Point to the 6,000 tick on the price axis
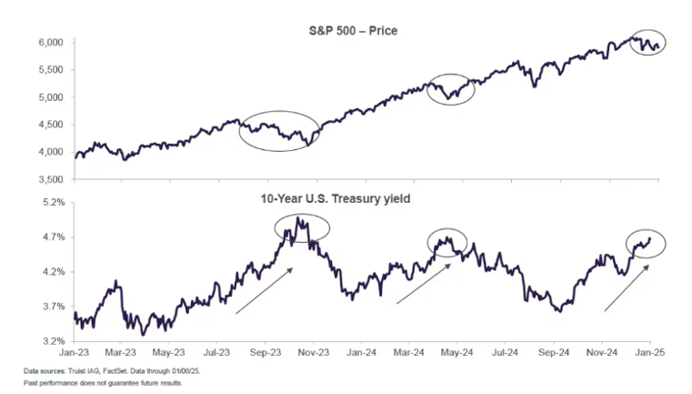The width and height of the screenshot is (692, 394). pyautogui.click(x=48, y=43)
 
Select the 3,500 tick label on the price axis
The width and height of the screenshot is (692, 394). pyautogui.click(x=48, y=179)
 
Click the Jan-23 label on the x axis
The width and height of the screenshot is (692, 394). pyautogui.click(x=75, y=350)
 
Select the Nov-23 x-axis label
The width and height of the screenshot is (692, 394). pyautogui.click(x=312, y=350)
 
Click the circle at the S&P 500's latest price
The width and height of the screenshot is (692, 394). pyautogui.click(x=648, y=42)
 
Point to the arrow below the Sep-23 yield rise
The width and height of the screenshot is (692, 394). pyautogui.click(x=264, y=291)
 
